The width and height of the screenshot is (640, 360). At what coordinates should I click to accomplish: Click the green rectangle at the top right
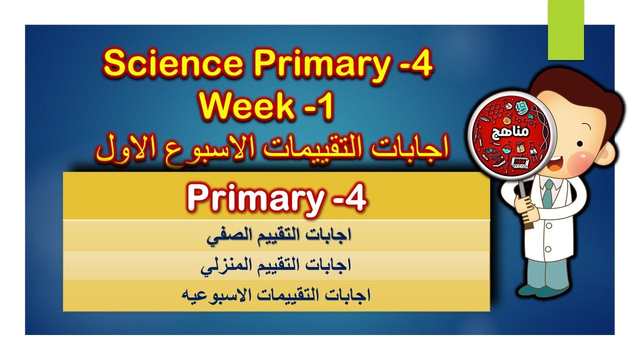point(566,29)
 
